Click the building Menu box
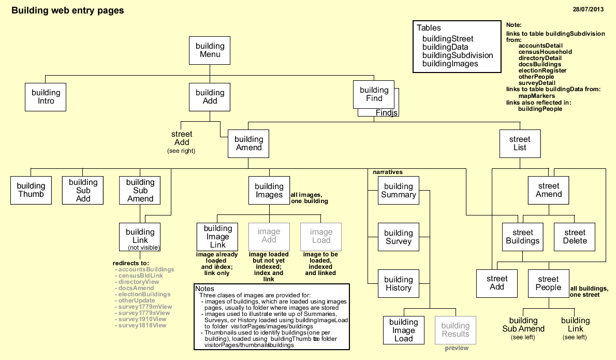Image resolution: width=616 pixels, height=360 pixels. pos(210,51)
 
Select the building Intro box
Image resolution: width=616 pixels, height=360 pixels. pos(46,97)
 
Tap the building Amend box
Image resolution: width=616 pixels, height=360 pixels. pos(248,143)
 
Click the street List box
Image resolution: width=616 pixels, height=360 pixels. pos(520,143)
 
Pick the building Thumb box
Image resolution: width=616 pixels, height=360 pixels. pos(31,190)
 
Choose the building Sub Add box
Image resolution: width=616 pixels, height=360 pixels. pos(83,190)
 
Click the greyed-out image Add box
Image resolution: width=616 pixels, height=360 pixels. pos(269,236)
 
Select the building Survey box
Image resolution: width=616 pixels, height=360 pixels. pos(398,237)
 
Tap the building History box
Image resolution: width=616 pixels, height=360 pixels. pos(398,284)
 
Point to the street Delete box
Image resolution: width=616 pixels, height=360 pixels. pos(575,237)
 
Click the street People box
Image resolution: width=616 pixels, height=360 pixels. pos(548,283)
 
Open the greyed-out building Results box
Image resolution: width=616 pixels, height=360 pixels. pos(455,330)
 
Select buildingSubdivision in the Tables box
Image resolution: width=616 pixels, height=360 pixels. pos(458,55)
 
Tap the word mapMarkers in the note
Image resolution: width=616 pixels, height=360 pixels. pos(537,96)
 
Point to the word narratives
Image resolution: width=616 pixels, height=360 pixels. pos(388,171)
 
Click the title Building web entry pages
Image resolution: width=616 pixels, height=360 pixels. pos(68,10)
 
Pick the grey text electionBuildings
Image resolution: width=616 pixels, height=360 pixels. pos(144,294)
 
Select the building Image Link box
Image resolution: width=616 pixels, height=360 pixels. pos(217,237)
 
